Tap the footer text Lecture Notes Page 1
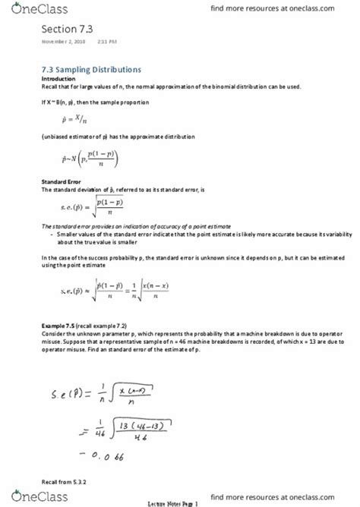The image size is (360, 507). pyautogui.click(x=180, y=502)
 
